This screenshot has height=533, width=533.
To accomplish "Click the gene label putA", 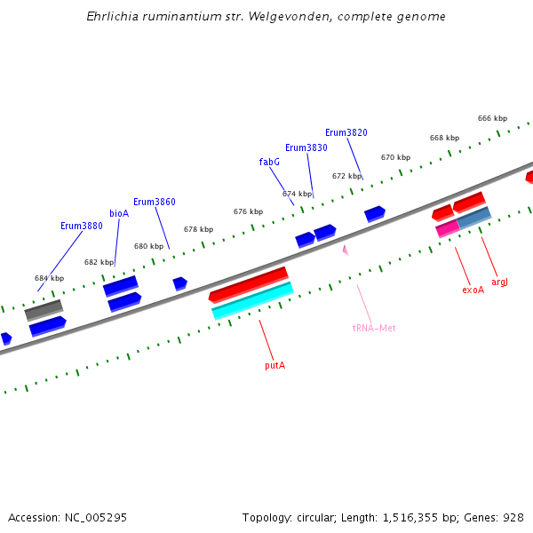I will (275, 365).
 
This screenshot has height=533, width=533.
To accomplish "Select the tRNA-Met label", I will (374, 328).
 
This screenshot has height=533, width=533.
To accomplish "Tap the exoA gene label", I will (473, 290).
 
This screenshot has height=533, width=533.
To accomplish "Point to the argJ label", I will (499, 282).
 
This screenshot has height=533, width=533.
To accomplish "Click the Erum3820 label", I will (346, 132).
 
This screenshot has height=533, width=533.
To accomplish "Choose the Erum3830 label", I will (306, 147).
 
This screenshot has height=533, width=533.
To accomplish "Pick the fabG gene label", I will (269, 162).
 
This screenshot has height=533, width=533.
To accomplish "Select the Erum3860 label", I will (155, 202).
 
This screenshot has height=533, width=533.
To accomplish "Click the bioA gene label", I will (119, 213).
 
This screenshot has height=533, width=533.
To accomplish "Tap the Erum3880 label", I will (82, 226).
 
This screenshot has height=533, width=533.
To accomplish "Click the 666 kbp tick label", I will (492, 118).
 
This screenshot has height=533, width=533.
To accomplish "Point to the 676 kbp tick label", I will (248, 211).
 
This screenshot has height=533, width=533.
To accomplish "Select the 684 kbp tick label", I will (50, 278).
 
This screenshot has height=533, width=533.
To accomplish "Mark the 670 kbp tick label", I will (395, 157).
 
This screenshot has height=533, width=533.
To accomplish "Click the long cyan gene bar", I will (252, 300).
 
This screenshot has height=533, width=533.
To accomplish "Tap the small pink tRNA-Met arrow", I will (345, 250).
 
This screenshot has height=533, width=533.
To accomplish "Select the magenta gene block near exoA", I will (447, 228).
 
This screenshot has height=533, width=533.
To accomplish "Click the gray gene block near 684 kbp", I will (44, 309).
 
